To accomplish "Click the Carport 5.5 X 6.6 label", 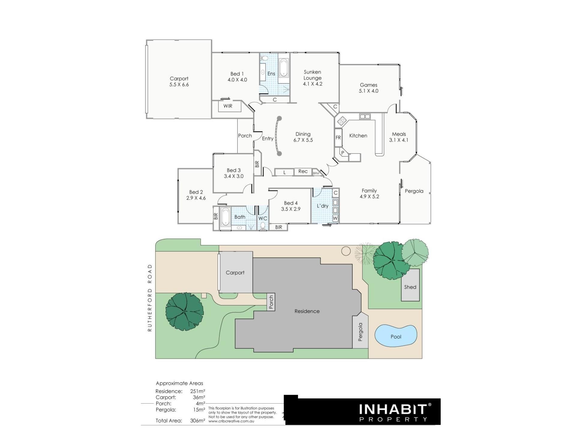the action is tap(179, 82).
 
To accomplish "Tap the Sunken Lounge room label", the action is tap(312, 78).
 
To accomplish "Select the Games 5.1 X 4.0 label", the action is tap(369, 88).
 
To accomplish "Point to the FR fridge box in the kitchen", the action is tap(338, 138).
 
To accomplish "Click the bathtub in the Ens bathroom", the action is tap(283, 68).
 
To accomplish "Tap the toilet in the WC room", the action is tap(263, 226).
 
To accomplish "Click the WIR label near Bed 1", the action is tap(228, 106).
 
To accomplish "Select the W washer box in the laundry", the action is tap(335, 218).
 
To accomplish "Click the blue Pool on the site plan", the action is tap(396, 335).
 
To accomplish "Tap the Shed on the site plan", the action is tap(410, 285).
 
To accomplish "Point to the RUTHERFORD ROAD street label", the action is tap(150, 298).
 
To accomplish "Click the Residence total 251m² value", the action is tap(198, 391).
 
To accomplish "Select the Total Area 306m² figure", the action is tap(198, 421).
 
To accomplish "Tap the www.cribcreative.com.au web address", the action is tap(231, 421).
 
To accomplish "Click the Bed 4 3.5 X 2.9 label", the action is tap(291, 206).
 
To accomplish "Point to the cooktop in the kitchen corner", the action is tap(342, 121).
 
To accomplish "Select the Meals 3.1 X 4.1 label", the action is tap(399, 137).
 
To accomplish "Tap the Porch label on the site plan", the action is tap(271, 302).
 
